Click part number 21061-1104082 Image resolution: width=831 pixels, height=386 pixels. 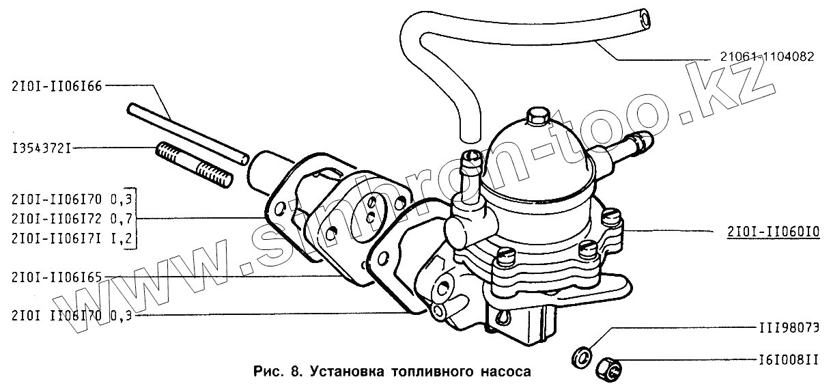click(765, 58)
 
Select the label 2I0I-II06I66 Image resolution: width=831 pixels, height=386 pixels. click(57, 85)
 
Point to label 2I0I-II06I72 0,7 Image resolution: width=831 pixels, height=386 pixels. click(72, 219)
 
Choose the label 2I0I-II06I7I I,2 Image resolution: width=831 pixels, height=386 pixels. click(72, 237)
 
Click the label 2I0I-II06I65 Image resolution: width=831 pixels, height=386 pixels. click(57, 277)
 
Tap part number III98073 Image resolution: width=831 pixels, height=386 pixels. click(788, 327)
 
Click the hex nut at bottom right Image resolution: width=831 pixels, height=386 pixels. click(608, 369)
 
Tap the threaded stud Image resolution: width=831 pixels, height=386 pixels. click(194, 165)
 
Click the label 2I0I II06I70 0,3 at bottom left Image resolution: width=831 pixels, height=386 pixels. click(72, 316)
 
